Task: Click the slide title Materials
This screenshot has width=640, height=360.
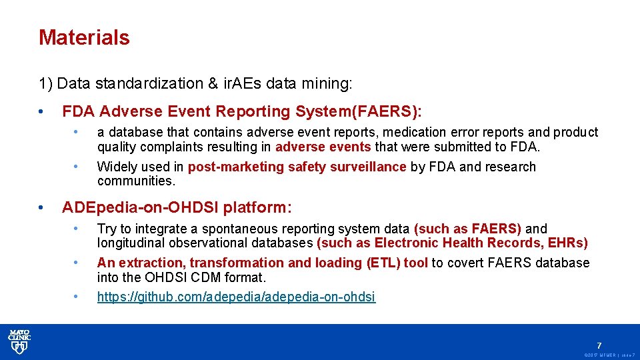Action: [x=84, y=37]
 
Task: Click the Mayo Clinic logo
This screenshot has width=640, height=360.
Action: [x=19, y=341]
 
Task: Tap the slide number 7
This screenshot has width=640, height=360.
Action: [x=599, y=345]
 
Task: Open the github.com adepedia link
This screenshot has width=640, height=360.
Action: [x=236, y=297]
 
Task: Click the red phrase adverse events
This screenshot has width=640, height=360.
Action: [x=323, y=147]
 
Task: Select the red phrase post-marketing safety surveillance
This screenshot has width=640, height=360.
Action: [x=297, y=167]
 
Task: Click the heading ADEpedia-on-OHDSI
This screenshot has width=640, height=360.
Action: [x=140, y=207]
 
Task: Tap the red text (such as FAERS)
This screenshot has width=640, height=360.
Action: [x=467, y=229]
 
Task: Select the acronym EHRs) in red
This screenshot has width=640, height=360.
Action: [x=567, y=243]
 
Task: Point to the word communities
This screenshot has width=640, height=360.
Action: [x=135, y=181]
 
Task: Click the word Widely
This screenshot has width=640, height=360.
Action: [x=117, y=167]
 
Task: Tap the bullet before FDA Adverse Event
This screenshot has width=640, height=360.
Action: [x=42, y=111]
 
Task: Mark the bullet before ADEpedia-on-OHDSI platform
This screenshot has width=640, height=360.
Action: [x=42, y=207]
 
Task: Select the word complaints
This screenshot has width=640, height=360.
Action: [x=158, y=147]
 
